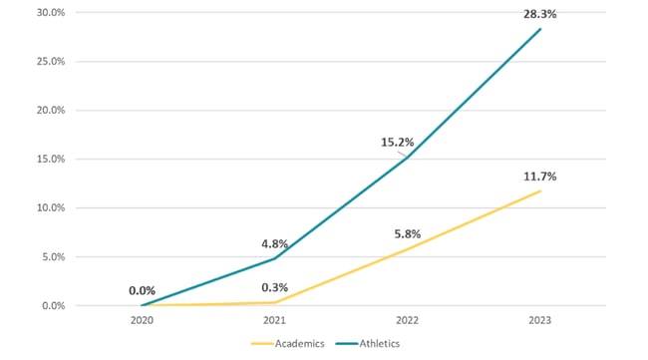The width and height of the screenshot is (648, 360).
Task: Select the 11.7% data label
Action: [541, 176]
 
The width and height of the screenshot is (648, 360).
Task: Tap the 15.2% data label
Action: [394, 141]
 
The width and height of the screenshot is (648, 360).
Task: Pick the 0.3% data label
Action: [274, 287]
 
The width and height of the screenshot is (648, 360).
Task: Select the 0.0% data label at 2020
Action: [143, 290]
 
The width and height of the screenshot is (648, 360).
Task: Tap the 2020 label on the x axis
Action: [143, 320]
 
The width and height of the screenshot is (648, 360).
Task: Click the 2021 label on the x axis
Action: [275, 320]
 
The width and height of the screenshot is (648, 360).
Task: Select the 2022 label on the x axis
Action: [408, 320]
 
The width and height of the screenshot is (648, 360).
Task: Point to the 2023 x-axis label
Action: [540, 320]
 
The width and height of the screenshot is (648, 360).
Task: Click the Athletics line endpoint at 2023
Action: [540, 29]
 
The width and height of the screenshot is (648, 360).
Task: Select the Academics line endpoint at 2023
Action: [540, 190]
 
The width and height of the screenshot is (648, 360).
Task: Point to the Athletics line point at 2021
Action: [275, 258]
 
